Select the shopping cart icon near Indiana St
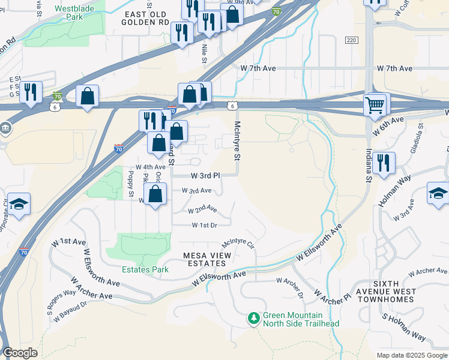coord(375,105)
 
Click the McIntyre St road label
coord(237,140)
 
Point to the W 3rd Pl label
coord(205,176)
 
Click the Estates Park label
coord(145,270)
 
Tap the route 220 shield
coord(352,40)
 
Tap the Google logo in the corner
coord(20,353)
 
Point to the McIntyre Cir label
coord(238,244)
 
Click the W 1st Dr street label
coord(203,226)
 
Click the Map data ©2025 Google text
coord(412,355)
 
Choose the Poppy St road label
coord(130,184)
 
